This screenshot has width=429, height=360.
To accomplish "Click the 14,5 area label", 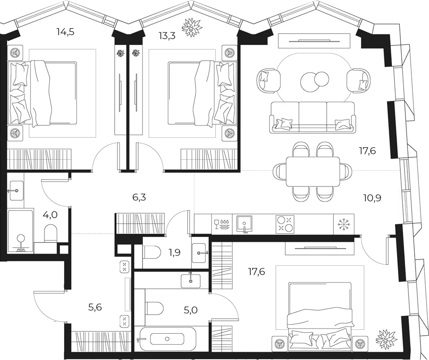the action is click(66, 32).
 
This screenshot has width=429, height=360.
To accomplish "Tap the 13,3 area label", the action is click(167, 35).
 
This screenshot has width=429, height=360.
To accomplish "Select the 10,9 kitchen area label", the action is click(372, 198).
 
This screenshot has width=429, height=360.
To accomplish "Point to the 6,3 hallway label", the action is click(139, 197).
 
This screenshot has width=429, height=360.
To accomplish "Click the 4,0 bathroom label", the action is click(50, 215).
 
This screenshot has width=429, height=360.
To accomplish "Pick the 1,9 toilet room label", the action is click(175, 252).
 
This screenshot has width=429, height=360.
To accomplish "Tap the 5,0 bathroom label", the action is click(191, 310).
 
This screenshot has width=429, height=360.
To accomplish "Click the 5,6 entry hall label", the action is click(95, 307).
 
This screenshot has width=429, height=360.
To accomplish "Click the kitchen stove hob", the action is click(285, 224).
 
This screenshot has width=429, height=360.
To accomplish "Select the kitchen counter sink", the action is click(244, 224).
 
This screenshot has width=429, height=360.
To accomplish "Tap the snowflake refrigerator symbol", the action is click(344, 224).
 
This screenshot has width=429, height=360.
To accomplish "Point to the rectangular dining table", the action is click(313, 172).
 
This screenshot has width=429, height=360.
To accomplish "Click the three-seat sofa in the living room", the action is click(313, 117).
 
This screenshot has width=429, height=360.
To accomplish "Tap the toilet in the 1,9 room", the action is click(152, 252).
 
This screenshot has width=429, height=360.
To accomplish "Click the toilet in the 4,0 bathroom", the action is click(50, 233).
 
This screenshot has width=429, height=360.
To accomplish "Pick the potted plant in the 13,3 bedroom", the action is click(192, 27).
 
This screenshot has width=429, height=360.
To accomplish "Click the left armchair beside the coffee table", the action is click(268, 81).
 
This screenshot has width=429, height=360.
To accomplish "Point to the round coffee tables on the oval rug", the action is click(315, 81).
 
